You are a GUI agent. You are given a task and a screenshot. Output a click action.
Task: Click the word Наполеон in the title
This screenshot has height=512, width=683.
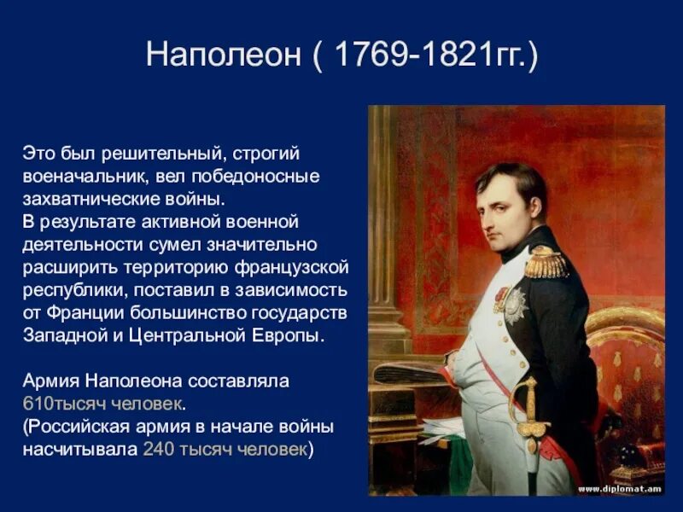(224, 57)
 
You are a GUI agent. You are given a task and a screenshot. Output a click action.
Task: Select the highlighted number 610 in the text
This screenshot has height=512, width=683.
(35, 402)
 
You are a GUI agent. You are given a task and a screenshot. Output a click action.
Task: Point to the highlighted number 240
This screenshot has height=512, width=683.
(158, 450)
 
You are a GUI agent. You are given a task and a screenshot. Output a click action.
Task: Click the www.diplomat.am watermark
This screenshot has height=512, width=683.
(620, 489)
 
